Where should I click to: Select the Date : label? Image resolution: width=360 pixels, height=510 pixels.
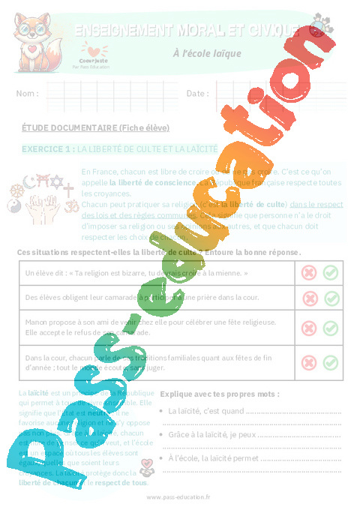[197, 94]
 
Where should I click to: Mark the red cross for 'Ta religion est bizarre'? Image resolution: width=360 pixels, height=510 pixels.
[308, 272]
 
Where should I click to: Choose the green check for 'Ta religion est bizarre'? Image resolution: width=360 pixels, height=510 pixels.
[330, 272]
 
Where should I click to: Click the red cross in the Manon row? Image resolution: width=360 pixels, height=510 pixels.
[308, 328]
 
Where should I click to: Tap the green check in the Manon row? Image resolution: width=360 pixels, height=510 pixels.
[330, 328]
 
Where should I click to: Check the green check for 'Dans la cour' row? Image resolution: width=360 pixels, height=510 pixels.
[330, 363]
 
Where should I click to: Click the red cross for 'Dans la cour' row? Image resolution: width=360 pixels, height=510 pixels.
[308, 363]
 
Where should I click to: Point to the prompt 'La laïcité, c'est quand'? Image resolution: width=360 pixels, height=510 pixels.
[206, 411]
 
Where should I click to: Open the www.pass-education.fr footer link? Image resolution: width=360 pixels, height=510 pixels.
[178, 497]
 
